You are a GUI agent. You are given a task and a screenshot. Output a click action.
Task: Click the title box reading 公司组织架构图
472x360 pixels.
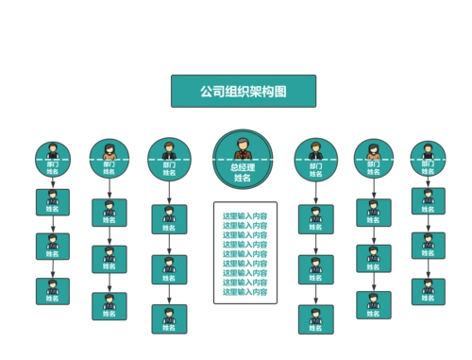[243, 93]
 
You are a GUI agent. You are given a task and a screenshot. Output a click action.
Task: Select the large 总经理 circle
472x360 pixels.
[243, 160]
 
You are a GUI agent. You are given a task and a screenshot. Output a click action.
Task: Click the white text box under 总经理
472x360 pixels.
[244, 252]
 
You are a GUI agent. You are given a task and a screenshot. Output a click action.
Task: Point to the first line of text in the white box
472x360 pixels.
[244, 217]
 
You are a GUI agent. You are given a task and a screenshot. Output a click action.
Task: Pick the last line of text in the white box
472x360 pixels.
[244, 292]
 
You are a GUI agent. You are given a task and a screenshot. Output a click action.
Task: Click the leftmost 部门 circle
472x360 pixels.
[52, 159]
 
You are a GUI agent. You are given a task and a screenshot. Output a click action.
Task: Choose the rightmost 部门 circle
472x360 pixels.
[427, 159]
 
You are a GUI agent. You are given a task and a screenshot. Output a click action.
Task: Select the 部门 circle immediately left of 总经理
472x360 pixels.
[169, 159]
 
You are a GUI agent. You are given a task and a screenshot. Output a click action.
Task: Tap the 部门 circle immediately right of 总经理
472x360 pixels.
[315, 159]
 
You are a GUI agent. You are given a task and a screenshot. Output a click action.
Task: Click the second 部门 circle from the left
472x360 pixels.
[110, 159]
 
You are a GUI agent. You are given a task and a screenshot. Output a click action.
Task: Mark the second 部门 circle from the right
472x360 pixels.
[374, 159]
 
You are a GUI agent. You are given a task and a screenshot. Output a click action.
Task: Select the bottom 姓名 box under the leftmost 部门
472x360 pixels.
[52, 289]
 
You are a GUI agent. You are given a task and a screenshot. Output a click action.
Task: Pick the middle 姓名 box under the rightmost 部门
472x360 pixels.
[428, 246]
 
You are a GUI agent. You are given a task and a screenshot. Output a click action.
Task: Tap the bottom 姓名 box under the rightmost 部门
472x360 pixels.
[428, 290]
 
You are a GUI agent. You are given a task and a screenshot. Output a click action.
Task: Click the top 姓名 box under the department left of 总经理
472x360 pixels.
[169, 219]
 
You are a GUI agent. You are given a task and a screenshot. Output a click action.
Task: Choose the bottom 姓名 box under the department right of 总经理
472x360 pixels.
[315, 318]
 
